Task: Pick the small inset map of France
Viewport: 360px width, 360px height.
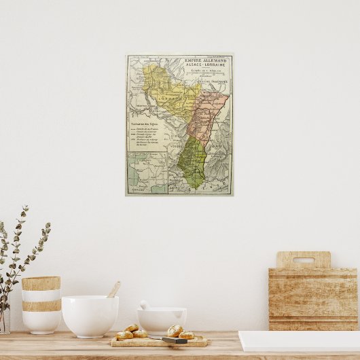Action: [147, 173]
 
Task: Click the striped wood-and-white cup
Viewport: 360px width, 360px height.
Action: [41, 304]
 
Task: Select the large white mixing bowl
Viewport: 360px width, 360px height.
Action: [90, 315]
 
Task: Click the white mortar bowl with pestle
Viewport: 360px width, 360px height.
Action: [162, 321]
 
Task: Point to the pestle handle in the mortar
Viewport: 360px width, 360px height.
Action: [145, 305]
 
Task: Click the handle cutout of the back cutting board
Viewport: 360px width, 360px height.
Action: [304, 259]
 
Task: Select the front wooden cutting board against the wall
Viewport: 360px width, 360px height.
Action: [312, 299]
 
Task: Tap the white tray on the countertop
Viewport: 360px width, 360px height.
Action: [299, 341]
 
